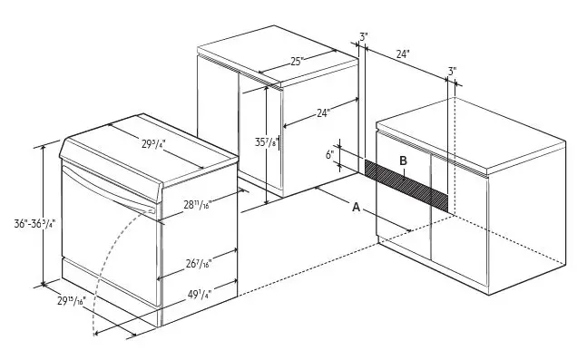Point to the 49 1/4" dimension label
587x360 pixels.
click(198, 294)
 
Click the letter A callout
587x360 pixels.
click(357, 207)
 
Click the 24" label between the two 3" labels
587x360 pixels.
click(403, 54)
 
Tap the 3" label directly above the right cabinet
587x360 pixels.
click(452, 71)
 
